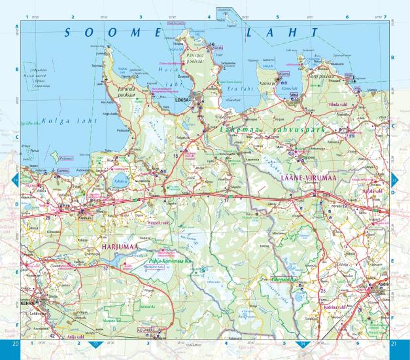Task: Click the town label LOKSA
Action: [x=183, y=100]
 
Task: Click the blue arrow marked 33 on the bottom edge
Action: [x=97, y=344]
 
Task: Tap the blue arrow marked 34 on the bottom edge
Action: [x=302, y=344]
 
